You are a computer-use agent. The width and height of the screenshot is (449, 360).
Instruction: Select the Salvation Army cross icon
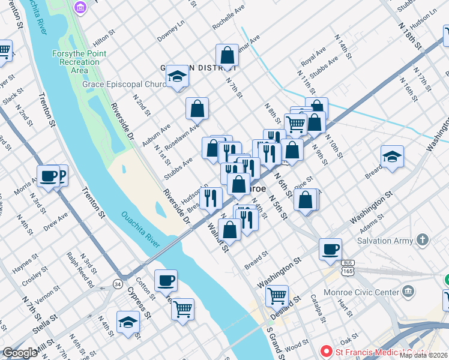coord(423,241)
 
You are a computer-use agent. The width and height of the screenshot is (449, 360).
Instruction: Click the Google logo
coord(20,353)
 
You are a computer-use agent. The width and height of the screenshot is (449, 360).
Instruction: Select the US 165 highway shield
coord(347,267)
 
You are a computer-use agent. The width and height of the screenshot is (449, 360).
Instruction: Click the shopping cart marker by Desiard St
coord(277,295)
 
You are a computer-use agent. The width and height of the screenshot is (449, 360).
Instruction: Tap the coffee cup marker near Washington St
coord(330,249)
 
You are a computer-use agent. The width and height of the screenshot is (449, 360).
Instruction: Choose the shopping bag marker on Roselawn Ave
coord(197,109)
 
